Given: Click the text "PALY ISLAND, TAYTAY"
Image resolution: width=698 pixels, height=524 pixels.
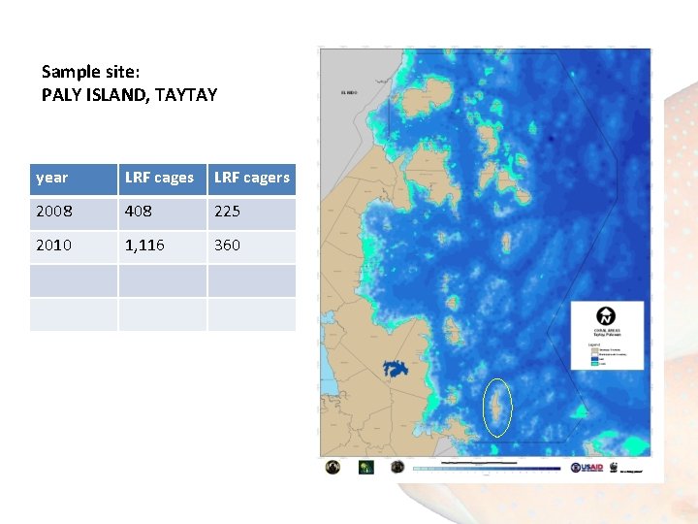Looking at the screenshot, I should coord(129,95).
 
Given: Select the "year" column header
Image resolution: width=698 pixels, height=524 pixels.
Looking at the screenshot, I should coord(52,178).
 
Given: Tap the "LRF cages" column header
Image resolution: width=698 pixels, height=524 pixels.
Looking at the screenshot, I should coord(159,178).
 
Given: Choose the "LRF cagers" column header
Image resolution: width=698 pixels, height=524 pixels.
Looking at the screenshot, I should coord(251,178).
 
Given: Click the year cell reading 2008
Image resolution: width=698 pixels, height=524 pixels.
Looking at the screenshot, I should coord(53,212).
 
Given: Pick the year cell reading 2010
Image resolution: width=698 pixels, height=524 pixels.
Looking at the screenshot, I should coord(53,246).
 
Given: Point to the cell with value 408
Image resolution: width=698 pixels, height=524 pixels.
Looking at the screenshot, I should coord(139,212).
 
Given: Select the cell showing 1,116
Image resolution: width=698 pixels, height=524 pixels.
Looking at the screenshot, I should coord(144,246).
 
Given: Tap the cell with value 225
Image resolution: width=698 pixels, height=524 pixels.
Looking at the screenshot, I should coord(227,212).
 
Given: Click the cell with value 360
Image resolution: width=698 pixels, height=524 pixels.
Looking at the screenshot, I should coord(227,246).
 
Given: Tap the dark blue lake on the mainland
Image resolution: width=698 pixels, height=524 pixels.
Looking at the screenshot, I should coord(397,370).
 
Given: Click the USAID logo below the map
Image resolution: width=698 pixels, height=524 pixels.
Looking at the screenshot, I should coord(587,468).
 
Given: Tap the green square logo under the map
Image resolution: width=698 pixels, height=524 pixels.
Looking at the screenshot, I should coord(366,467).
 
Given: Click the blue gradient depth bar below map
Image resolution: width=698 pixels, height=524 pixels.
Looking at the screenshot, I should coord(487,469).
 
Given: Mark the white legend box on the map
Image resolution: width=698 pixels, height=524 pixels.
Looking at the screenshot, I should coord(606,339).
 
